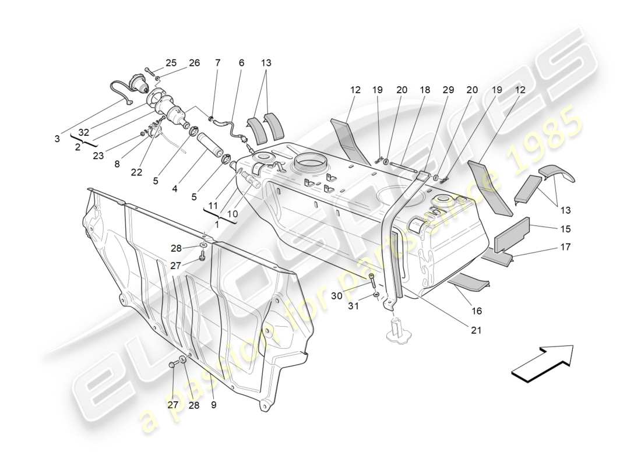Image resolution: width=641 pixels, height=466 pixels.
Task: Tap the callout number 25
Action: pyautogui.click(x=171, y=63)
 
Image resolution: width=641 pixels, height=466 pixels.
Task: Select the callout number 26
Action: pyautogui.click(x=194, y=63)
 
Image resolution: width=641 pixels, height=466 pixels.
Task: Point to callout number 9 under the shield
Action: pyautogui.click(x=214, y=405)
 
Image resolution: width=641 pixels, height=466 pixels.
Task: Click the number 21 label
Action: pyautogui.click(x=476, y=330)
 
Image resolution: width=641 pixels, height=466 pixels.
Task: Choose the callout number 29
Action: pyautogui.click(x=448, y=90)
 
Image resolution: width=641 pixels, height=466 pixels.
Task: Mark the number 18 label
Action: pyautogui.click(x=425, y=90)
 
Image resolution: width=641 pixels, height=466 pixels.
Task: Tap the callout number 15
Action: pyautogui.click(x=566, y=229)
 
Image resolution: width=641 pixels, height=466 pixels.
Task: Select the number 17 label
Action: pyautogui.click(x=566, y=247)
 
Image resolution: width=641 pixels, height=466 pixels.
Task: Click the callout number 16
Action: pyautogui.click(x=476, y=311)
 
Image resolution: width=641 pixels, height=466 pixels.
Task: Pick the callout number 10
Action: pyautogui.click(x=232, y=214)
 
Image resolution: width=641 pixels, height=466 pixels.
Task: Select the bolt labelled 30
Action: pyautogui.click(x=372, y=282)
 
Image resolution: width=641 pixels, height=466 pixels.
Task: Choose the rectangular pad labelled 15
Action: pyautogui.click(x=512, y=235)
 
